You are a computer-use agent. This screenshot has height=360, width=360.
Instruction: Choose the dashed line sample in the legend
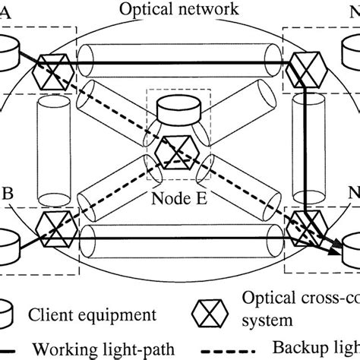229,349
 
